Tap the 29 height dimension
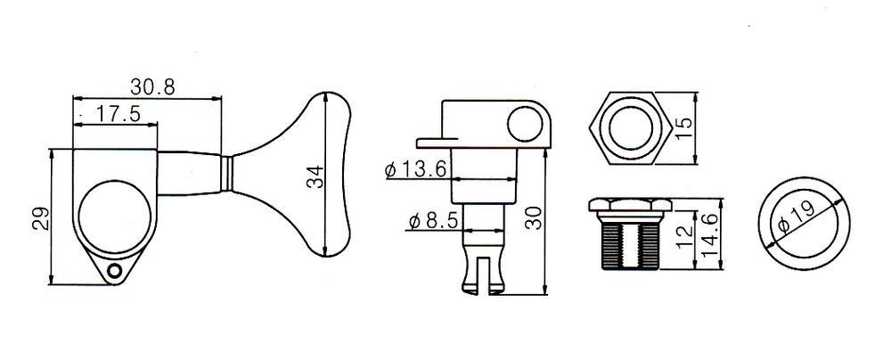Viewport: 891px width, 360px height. coord(41,217)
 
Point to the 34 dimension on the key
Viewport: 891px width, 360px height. coord(315,176)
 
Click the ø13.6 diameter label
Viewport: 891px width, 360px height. coord(418,169)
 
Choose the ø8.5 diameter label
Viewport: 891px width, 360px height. coord(432,221)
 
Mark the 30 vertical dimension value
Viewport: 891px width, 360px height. coord(534,217)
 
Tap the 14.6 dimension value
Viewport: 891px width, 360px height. coord(710,234)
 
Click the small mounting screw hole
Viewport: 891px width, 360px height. coord(115,271)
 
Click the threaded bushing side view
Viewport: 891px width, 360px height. coord(630,233)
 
